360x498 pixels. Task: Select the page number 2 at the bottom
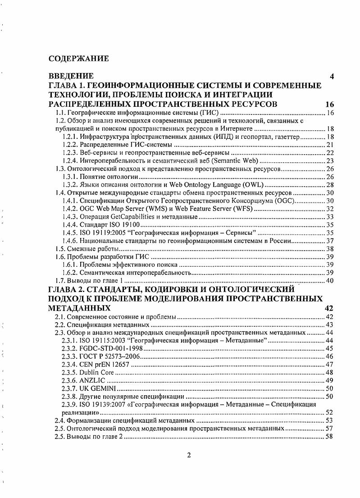point(189,454)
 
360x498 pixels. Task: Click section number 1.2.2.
point(69,144)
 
